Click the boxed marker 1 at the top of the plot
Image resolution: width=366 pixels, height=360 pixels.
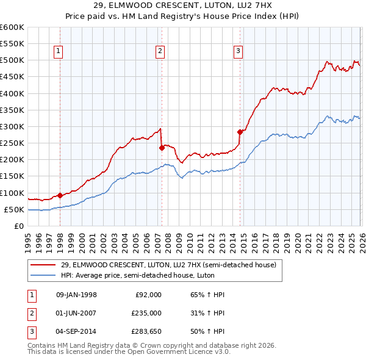point(59,52)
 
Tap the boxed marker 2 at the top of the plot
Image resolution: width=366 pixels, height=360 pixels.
point(160,52)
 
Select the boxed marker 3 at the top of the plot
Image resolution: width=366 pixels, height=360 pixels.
point(238,52)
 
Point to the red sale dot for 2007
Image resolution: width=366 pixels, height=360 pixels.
point(161,148)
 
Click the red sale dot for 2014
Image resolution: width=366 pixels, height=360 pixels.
point(240,131)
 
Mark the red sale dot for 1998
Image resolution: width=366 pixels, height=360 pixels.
point(60,195)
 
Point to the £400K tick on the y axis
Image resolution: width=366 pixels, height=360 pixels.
point(12,93)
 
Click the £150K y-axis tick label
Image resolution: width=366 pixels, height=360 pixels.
point(12,176)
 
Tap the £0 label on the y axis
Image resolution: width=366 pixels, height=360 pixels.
point(18,226)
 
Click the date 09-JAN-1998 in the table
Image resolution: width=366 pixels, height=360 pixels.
point(76,295)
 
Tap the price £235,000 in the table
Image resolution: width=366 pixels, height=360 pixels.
point(146,313)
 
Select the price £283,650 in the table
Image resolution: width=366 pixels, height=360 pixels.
point(146,331)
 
